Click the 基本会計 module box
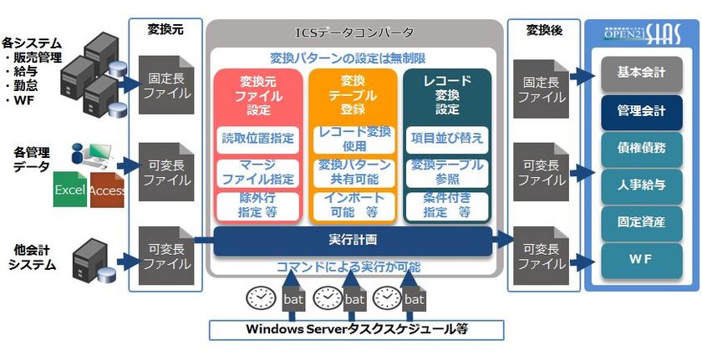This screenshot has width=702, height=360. click(642, 73)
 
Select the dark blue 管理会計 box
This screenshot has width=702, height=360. click(642, 111)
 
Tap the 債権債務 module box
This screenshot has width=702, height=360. click(642, 148)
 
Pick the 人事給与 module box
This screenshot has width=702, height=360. click(642, 185)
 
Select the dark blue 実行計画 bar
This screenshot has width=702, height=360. click(354, 241)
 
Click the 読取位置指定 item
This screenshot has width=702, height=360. click(257, 138)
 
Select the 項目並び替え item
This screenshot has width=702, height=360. click(447, 138)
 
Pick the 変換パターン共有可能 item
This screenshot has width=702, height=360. click(353, 172)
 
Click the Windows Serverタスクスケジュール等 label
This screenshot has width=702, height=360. click(356, 329)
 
